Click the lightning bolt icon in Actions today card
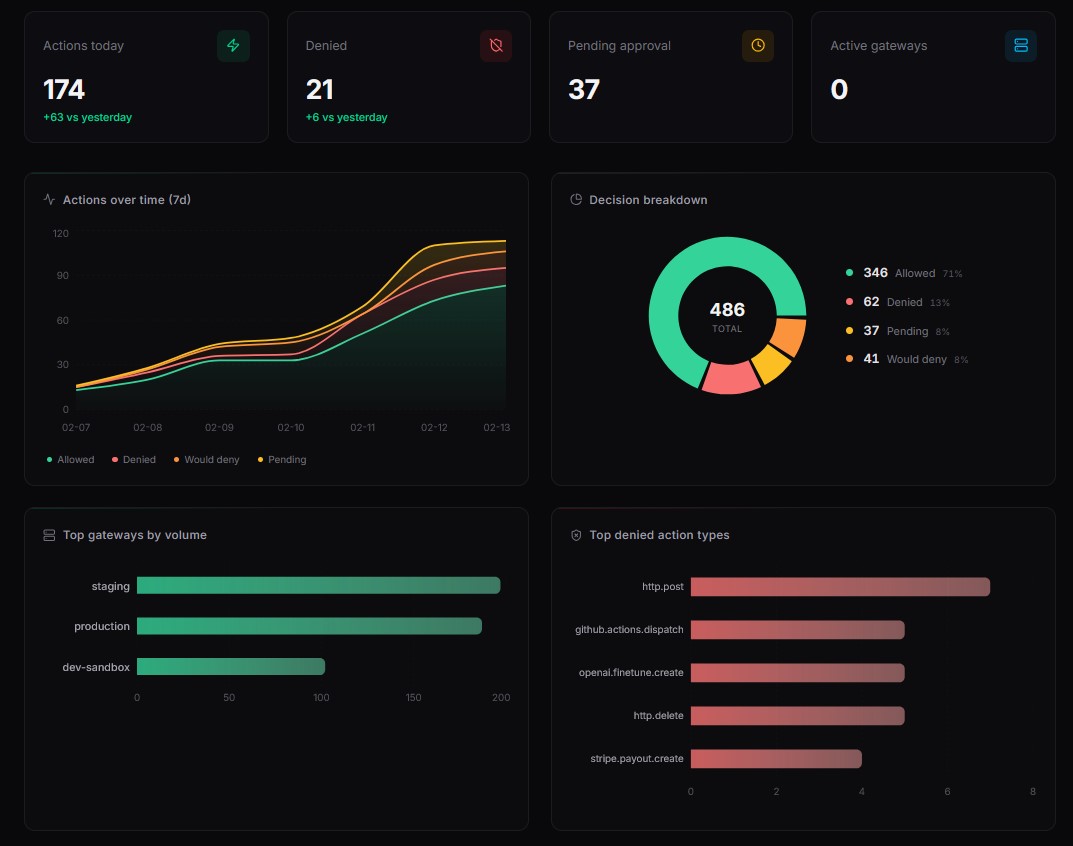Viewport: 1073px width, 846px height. click(233, 46)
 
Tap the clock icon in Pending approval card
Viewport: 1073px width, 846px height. click(758, 46)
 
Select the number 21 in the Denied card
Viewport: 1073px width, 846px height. click(320, 90)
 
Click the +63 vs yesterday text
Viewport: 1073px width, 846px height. click(87, 117)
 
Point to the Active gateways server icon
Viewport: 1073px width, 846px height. click(1020, 46)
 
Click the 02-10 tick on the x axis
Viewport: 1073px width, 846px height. click(290, 427)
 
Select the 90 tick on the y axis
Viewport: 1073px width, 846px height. click(61, 275)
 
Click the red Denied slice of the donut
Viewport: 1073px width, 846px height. click(730, 378)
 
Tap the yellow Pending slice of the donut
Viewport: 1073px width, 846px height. click(771, 363)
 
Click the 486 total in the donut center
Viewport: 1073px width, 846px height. click(727, 310)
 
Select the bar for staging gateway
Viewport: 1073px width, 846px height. click(318, 586)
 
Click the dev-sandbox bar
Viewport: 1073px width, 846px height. click(230, 667)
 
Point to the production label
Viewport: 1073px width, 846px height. click(102, 626)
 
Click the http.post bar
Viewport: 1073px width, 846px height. click(839, 587)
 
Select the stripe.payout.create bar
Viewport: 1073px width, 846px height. click(775, 759)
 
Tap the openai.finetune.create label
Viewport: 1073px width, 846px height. click(631, 673)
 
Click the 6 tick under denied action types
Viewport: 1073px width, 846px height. click(947, 791)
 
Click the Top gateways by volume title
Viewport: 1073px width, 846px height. click(134, 535)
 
